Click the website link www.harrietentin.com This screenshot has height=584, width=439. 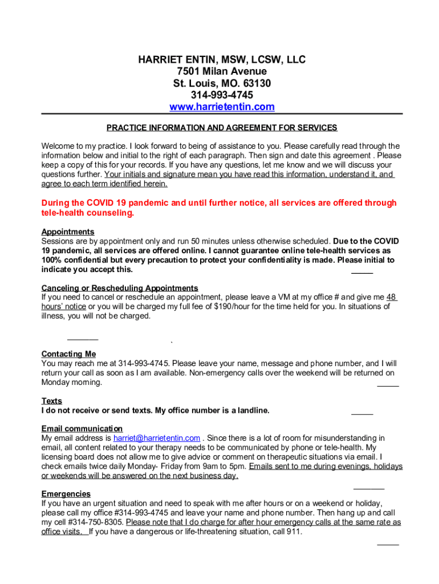click(x=222, y=107)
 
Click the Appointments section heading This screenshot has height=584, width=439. click(x=68, y=232)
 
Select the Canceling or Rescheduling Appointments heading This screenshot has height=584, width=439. click(x=120, y=288)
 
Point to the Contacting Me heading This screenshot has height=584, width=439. click(x=68, y=354)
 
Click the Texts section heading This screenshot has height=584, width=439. click(x=52, y=401)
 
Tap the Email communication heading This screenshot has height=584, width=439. click(x=82, y=429)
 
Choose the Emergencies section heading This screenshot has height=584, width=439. click(x=66, y=494)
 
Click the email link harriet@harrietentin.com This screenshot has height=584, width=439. click(x=157, y=438)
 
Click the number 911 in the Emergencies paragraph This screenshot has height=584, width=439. click(x=293, y=532)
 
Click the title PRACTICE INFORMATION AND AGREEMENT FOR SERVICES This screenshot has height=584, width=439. click(x=222, y=128)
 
